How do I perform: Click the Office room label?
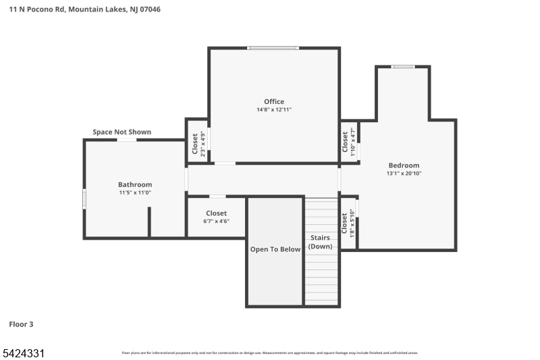point(273,102)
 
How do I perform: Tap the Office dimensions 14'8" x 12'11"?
point(273,110)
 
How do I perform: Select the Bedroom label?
point(404,165)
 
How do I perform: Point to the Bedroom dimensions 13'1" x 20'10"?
point(404,174)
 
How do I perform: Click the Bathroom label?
point(135,184)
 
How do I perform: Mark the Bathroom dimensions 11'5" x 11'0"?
point(135,192)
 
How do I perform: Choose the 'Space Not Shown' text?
point(122,132)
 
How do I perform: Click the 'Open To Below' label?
point(275,249)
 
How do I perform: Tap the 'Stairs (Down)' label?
point(321,242)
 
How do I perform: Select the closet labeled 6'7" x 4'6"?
point(216,217)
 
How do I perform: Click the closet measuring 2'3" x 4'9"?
point(197,143)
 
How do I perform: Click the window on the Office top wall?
point(273,48)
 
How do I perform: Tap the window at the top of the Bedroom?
point(403,66)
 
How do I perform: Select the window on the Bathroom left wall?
point(84,199)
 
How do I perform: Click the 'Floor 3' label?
point(21,324)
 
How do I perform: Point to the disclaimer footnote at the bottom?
point(270,353)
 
